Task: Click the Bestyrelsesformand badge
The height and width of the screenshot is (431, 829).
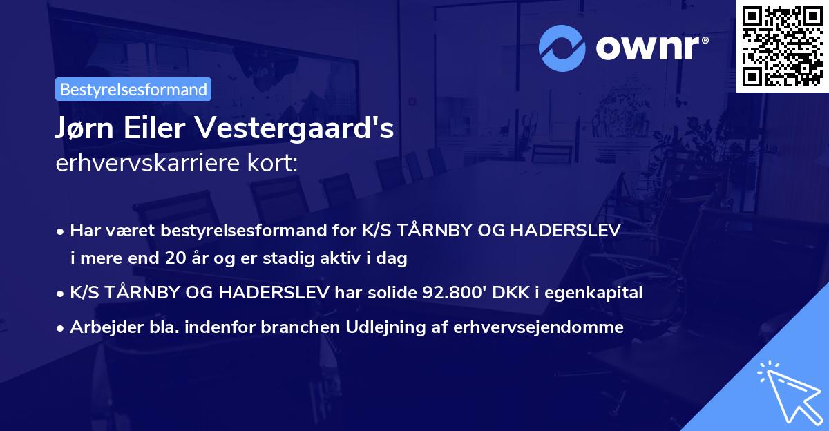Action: (133, 89)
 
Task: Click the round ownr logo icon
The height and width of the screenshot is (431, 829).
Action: (562, 48)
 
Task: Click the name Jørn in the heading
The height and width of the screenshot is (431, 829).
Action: (84, 129)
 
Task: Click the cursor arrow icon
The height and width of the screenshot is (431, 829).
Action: (787, 390)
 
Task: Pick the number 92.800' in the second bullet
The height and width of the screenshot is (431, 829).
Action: (447, 293)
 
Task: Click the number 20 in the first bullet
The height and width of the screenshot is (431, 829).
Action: (175, 259)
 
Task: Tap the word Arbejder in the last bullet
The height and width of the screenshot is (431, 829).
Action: (99, 327)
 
